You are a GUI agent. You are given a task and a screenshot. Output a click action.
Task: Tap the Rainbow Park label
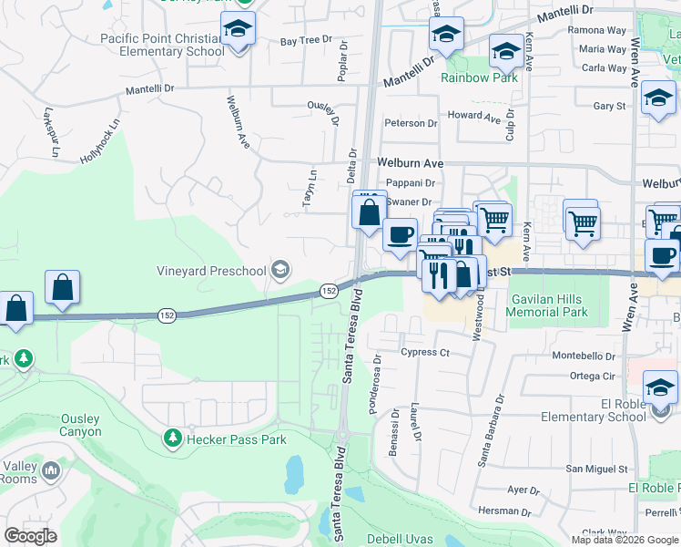pyautogui.click(x=479, y=77)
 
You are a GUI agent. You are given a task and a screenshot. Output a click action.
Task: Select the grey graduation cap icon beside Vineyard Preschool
pyautogui.click(x=281, y=270)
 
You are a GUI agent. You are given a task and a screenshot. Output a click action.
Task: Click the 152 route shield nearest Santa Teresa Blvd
pyautogui.click(x=330, y=290)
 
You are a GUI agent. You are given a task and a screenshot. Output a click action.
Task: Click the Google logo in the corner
pyautogui.click(x=31, y=535)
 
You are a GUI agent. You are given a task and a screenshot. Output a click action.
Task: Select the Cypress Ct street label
pyautogui.click(x=425, y=352)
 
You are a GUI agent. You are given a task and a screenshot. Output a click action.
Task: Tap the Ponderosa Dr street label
pyautogui.click(x=377, y=385)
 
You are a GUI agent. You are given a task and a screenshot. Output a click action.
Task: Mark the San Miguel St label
pyautogui.click(x=596, y=469)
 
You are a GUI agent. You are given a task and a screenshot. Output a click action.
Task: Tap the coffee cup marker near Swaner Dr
pyautogui.click(x=399, y=235)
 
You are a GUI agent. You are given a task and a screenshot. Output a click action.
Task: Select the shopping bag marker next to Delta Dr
pyautogui.click(x=369, y=213)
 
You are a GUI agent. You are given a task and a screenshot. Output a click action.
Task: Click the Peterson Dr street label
pyautogui.click(x=411, y=123)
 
